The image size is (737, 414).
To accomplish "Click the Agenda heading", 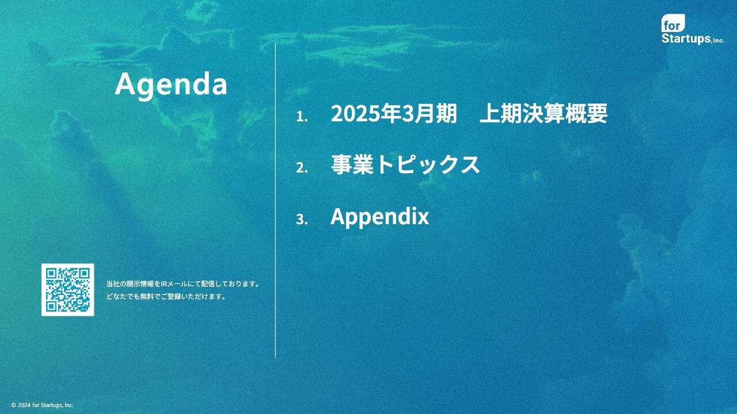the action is click(x=171, y=85).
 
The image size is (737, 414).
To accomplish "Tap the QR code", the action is click(x=68, y=290).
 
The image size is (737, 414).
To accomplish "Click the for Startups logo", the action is click(x=693, y=29).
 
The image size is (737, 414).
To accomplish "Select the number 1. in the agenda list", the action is click(x=302, y=116).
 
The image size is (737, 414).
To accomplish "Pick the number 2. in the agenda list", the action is click(x=302, y=167).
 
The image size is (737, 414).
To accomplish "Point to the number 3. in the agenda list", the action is click(x=302, y=219).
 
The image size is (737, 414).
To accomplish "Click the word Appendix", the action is click(x=379, y=217).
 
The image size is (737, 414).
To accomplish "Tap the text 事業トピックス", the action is click(x=405, y=164).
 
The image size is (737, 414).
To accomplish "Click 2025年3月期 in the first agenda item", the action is click(x=394, y=113).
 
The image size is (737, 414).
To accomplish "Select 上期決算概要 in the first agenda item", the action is click(x=544, y=113).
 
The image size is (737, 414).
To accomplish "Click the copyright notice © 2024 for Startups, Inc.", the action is click(x=43, y=405).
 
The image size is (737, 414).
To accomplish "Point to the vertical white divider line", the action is click(x=275, y=201).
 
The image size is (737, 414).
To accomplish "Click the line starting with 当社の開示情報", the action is click(x=183, y=284).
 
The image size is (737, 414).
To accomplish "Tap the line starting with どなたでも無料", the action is click(x=166, y=296).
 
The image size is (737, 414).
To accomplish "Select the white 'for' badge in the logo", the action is click(x=673, y=23).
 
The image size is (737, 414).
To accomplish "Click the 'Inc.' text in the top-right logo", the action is click(x=719, y=40).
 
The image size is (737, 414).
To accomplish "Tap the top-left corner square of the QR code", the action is click(x=51, y=273).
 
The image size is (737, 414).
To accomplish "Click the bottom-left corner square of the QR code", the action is click(x=51, y=306).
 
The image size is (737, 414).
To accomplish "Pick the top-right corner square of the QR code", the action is click(x=84, y=273).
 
